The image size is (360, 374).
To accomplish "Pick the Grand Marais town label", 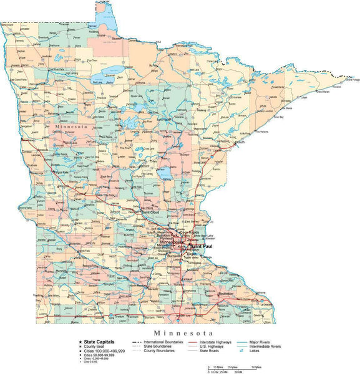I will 323,92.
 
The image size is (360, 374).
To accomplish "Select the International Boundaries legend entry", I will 163,342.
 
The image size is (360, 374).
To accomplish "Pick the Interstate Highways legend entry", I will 215,342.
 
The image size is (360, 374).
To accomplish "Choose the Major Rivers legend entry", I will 265,342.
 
